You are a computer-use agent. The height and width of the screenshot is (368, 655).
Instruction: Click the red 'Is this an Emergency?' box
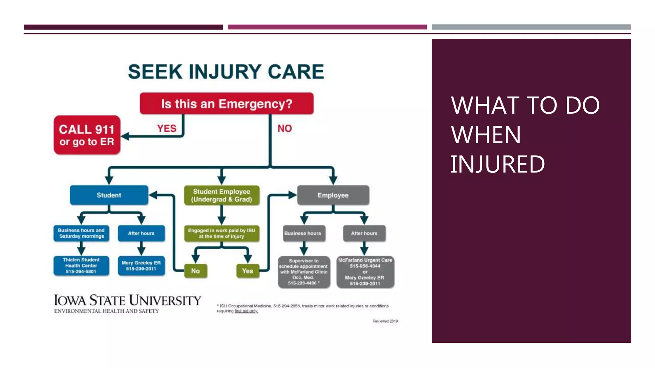pos(226,104)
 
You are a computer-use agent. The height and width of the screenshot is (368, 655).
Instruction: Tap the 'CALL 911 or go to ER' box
pos(87,135)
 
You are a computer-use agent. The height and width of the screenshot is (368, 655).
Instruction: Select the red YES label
pos(167,128)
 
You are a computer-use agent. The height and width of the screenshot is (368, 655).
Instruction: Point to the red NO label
pos(285,128)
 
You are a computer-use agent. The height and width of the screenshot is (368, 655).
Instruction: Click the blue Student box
pos(109,195)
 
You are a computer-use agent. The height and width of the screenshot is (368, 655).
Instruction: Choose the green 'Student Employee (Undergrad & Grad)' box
pos(222,195)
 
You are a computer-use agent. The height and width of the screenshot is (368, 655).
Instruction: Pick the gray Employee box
pos(333,195)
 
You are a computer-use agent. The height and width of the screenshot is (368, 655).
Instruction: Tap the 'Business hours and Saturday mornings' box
pos(81,234)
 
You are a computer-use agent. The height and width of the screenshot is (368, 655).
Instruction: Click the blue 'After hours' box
pos(141,234)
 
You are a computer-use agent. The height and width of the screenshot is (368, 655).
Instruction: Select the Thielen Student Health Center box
pos(81,266)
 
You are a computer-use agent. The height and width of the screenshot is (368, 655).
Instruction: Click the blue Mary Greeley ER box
pos(141,266)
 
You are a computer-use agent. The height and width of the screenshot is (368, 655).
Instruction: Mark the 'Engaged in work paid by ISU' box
pos(222,234)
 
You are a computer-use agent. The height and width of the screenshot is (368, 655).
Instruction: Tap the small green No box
pos(195,271)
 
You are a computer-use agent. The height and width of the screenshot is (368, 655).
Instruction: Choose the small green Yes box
pos(248,271)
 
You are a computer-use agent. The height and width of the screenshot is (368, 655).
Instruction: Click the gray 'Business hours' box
pos(303,234)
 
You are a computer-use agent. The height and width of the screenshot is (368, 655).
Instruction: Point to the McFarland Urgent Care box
pos(365,272)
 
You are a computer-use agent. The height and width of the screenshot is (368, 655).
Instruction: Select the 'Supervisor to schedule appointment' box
pos(304,272)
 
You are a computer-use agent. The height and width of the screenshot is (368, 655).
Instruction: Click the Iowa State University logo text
pos(127,301)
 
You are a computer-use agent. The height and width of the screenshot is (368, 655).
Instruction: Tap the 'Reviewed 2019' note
pos(385,321)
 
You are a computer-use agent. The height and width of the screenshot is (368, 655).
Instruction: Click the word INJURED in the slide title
pos(498,165)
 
